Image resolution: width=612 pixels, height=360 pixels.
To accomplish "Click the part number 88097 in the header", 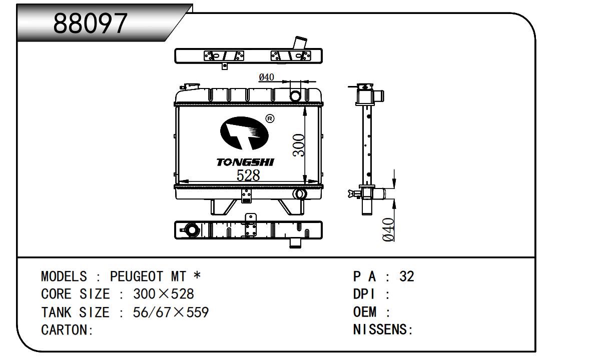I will [x=90, y=23].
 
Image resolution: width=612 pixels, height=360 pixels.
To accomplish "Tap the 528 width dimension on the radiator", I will [x=248, y=175].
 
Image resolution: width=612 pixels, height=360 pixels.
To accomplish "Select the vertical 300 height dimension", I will [x=299, y=145].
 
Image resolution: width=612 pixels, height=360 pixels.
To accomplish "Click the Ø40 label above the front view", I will [x=266, y=77].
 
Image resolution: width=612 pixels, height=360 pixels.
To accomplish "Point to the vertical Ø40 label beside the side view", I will [x=389, y=229].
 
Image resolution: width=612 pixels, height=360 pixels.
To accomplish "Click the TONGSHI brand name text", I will [x=245, y=162].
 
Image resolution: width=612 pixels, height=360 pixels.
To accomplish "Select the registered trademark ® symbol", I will [x=269, y=118].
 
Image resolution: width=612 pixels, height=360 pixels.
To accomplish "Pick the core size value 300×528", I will [x=164, y=294].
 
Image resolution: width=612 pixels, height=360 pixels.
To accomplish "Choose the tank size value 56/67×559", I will [x=171, y=312].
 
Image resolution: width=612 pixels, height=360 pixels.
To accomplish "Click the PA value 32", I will [x=407, y=276].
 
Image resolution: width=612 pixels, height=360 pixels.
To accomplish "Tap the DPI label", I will [x=364, y=294].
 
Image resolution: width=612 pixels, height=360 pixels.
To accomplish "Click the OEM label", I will [x=365, y=312].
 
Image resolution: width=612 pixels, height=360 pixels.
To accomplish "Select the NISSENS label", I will [x=380, y=330].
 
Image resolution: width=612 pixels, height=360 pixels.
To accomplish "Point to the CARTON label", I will [x=65, y=330].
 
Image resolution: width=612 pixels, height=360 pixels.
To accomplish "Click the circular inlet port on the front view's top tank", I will [x=296, y=95].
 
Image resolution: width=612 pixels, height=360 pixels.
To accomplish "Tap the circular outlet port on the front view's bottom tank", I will [x=300, y=194].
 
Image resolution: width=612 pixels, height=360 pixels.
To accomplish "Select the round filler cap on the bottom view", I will [x=191, y=230].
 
